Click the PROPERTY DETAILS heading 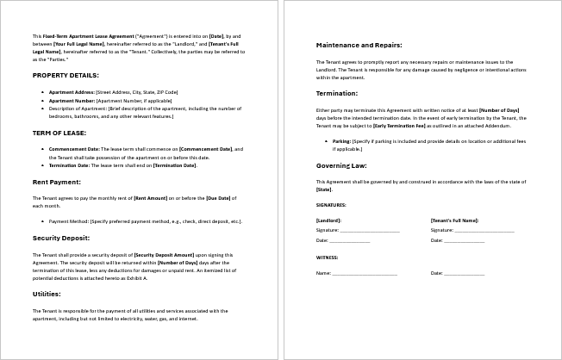coord(65,75)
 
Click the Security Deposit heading coord(61,238)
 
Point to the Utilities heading coord(47,294)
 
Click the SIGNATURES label coord(331,205)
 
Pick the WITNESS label coord(327,257)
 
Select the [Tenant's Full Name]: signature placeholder coord(454,220)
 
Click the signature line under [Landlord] coord(370,232)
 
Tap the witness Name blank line coord(365,274)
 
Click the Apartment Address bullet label coord(72,91)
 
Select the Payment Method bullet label coord(69,221)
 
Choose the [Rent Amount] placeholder coord(152,198)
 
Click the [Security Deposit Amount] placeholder coord(165,255)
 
